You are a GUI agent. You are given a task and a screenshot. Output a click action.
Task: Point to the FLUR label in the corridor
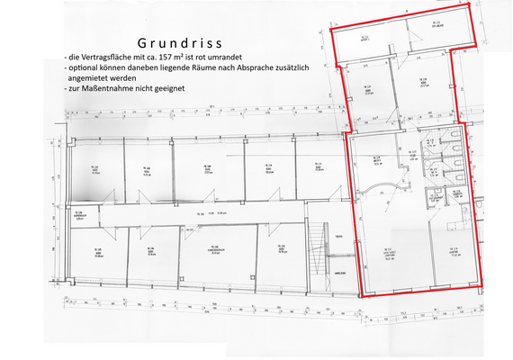coord(203,214)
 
